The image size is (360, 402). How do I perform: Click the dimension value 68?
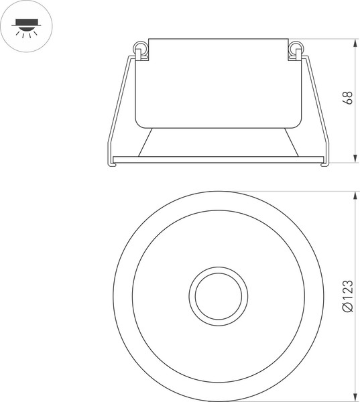click(347, 98)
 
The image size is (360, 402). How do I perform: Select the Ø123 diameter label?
click(347, 295)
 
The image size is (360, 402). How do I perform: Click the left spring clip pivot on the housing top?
click(139, 50)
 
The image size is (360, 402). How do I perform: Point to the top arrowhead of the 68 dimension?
click(355, 42)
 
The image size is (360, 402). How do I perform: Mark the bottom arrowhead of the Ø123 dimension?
click(355, 397)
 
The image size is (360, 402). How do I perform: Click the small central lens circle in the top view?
click(219, 295)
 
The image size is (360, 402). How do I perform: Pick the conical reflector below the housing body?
click(218, 142)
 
